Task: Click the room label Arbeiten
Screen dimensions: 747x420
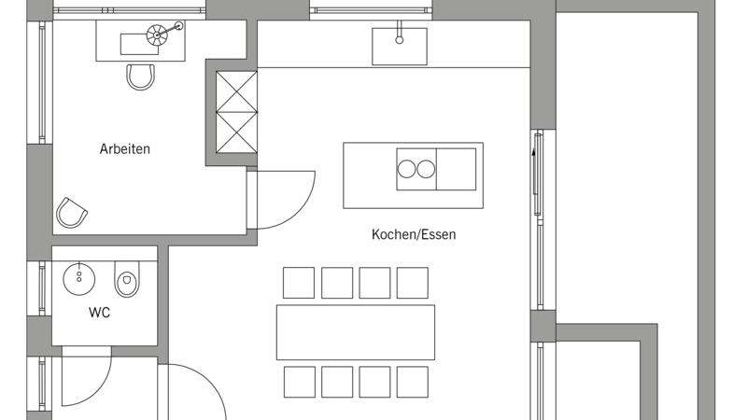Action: pos(125,149)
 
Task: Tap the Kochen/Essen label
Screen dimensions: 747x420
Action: pos(414,234)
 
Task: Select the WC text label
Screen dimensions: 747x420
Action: pos(99,313)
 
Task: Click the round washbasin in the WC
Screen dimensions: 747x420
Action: pos(79,277)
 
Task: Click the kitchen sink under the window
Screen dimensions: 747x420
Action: pos(400,46)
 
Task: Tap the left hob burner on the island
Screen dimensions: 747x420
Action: pos(406,169)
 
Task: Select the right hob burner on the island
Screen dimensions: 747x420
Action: pos(426,169)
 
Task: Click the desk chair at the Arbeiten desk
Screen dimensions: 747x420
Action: pos(141,77)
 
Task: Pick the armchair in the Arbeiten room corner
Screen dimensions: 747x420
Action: pos(72,213)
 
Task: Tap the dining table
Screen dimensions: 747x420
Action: pos(356,332)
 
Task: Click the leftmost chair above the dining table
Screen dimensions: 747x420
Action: pos(299,283)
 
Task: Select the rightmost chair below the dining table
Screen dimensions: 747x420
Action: pos(412,382)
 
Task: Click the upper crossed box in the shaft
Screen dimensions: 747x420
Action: pos(237,91)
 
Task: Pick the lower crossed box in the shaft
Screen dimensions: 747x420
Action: pos(237,133)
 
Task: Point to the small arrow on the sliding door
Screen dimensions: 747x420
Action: pos(533,153)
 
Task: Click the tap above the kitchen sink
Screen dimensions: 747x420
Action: pos(400,33)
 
